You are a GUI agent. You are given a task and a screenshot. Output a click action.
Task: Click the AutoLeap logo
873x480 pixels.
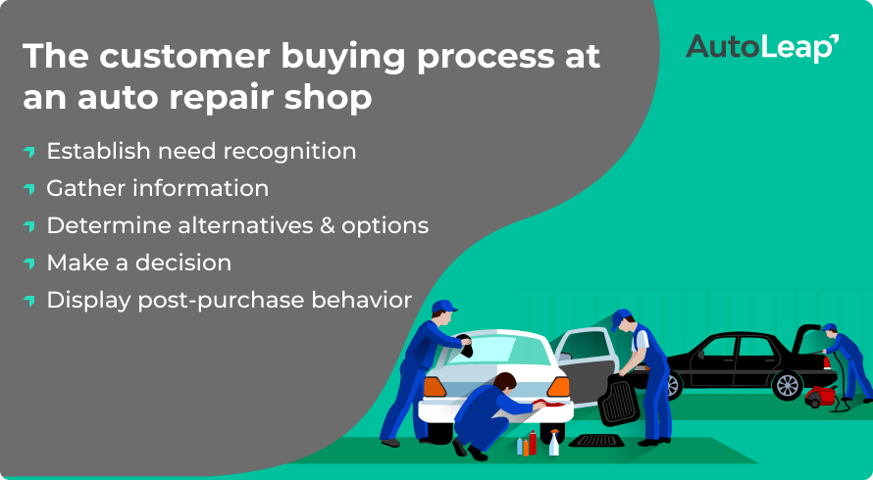point(762,48)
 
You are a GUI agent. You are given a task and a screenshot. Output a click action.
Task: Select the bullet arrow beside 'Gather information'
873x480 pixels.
point(29,188)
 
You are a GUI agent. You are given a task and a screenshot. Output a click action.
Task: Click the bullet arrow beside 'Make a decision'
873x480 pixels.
point(29,264)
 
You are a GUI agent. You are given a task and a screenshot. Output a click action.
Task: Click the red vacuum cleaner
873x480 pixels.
point(820,396)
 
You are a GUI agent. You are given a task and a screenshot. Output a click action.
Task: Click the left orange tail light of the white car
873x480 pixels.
point(435,387)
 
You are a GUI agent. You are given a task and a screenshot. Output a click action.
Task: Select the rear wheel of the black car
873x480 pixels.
point(788,385)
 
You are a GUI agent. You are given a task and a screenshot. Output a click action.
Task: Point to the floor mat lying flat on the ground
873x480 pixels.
point(596,441)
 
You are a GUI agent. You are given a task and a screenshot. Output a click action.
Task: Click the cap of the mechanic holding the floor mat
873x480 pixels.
point(620,318)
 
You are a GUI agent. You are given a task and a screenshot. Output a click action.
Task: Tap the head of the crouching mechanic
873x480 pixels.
point(504,382)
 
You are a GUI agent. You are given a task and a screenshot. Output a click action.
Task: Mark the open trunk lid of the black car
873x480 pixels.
point(807,339)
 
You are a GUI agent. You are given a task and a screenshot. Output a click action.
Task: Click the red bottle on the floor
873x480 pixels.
point(533,443)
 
